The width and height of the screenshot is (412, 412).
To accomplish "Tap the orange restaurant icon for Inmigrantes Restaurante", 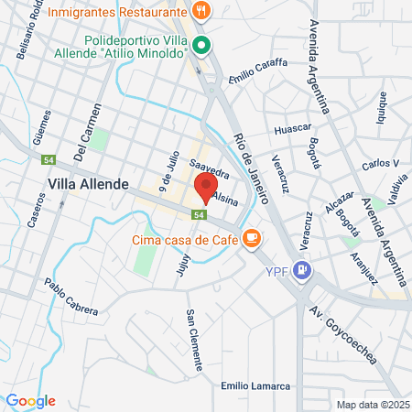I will tap(201, 12).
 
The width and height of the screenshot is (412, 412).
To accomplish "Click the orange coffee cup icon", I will tap(251, 239).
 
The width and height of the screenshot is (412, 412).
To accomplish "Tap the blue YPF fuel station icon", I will tap(304, 270).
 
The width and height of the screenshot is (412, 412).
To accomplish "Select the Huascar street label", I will tap(294, 128).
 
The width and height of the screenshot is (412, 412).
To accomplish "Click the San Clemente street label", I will tap(194, 341).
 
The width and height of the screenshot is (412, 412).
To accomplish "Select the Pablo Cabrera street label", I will tap(70, 301).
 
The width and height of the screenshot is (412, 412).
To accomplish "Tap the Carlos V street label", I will tap(380, 164).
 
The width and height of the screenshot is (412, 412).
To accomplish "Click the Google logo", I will tap(30, 401).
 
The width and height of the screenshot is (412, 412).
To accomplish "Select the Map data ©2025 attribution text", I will tap(370, 404).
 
